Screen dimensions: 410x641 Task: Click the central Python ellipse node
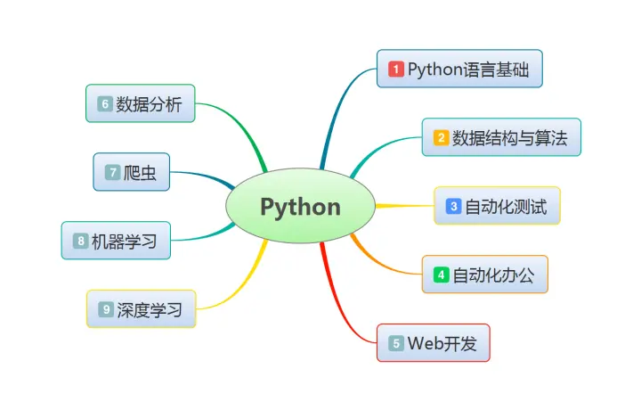pyautogui.click(x=300, y=207)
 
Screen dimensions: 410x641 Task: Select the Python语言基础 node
pyautogui.click(x=459, y=70)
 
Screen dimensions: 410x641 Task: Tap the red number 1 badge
pyautogui.click(x=396, y=70)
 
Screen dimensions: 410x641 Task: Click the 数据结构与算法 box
pyautogui.click(x=501, y=137)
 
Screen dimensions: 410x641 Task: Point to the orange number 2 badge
pyautogui.click(x=441, y=137)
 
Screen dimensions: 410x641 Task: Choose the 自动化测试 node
pyautogui.click(x=497, y=206)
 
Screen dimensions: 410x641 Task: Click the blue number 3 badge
pyautogui.click(x=453, y=206)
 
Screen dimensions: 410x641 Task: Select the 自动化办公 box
pyautogui.click(x=484, y=275)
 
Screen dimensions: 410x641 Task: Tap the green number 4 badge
pyautogui.click(x=441, y=275)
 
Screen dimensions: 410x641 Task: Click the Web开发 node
pyautogui.click(x=434, y=343)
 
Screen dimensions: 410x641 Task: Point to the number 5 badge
pyautogui.click(x=396, y=343)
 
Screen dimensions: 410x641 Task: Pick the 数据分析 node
pyautogui.click(x=140, y=103)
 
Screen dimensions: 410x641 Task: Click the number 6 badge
pyautogui.click(x=105, y=103)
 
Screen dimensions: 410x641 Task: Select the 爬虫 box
pyautogui.click(x=132, y=172)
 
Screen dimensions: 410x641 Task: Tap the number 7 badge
pyautogui.click(x=112, y=172)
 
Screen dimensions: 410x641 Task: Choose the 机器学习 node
pyautogui.click(x=116, y=241)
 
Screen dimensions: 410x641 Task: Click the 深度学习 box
pyautogui.click(x=141, y=309)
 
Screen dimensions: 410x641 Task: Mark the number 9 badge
pyautogui.click(x=106, y=309)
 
